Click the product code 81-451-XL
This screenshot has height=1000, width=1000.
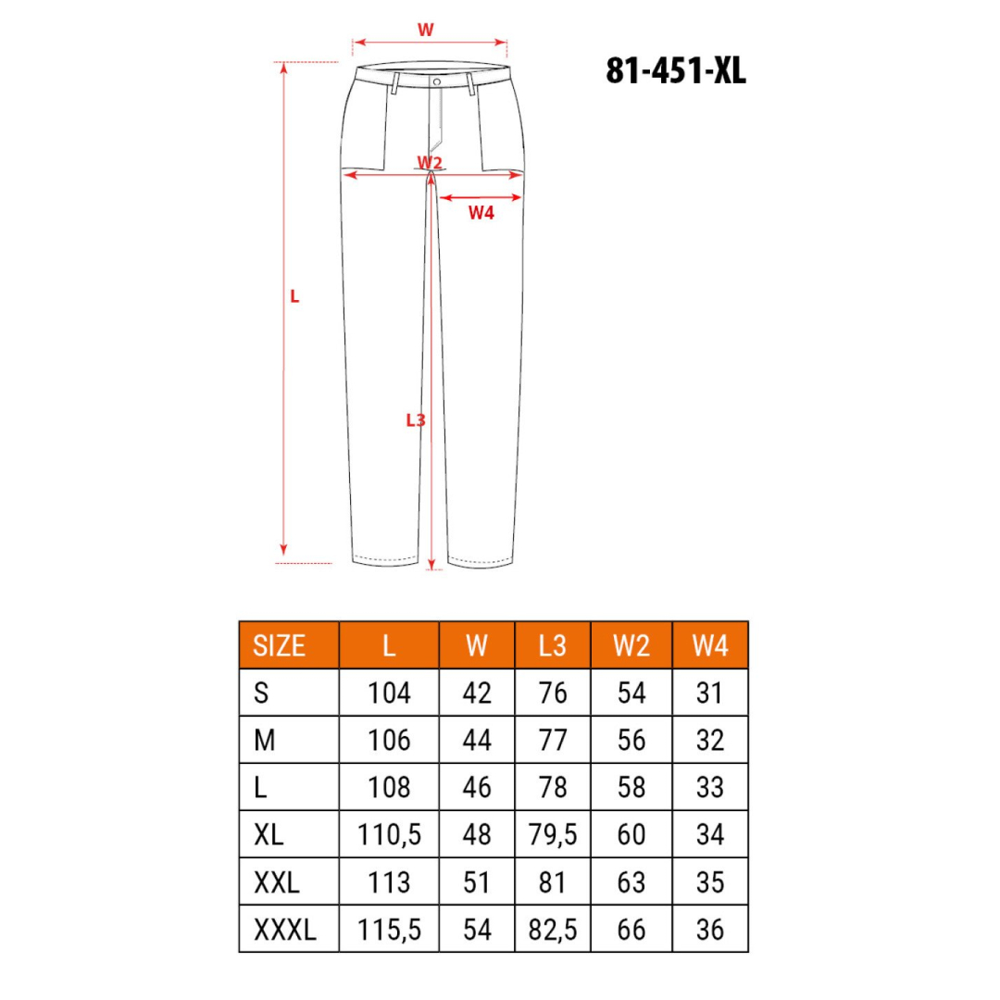pyautogui.click(x=676, y=70)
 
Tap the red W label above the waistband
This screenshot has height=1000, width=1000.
pyautogui.click(x=425, y=30)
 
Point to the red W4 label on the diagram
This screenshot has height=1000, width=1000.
pyautogui.click(x=481, y=213)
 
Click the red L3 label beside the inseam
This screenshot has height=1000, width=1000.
pyautogui.click(x=416, y=419)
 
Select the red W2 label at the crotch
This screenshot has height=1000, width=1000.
pyautogui.click(x=430, y=163)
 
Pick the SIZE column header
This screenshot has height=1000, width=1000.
pyautogui.click(x=279, y=645)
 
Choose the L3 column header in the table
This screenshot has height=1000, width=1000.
pyautogui.click(x=552, y=645)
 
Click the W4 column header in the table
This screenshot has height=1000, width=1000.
pyautogui.click(x=710, y=645)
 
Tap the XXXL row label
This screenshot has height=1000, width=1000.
pyautogui.click(x=284, y=930)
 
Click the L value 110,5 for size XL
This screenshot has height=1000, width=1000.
pyautogui.click(x=389, y=835)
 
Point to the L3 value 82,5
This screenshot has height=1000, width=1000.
pyautogui.click(x=552, y=930)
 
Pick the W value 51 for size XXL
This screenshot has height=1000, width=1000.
pyautogui.click(x=476, y=882)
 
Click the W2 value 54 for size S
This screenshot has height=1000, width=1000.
pyautogui.click(x=631, y=693)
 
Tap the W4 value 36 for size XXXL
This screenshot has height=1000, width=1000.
pyautogui.click(x=710, y=930)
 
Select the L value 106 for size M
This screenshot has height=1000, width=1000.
pyautogui.click(x=389, y=740)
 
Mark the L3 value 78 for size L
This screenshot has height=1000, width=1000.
pyautogui.click(x=552, y=787)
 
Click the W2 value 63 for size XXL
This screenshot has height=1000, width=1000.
pyautogui.click(x=631, y=882)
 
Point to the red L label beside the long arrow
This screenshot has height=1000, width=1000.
pyautogui.click(x=294, y=297)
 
